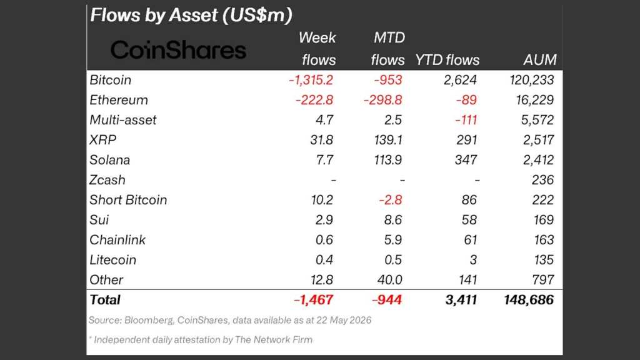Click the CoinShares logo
pyautogui.click(x=178, y=50)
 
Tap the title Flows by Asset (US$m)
pyautogui.click(x=191, y=15)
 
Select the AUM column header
pyautogui.click(x=539, y=60)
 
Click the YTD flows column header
pyautogui.click(x=447, y=60)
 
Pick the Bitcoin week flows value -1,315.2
pyautogui.click(x=311, y=80)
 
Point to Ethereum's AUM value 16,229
pyautogui.click(x=535, y=100)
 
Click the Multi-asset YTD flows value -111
pyautogui.click(x=466, y=120)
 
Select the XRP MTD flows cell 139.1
pyautogui.click(x=387, y=140)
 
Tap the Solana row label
pyautogui.click(x=110, y=160)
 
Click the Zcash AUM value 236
pyautogui.click(x=542, y=180)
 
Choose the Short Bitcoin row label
pyautogui.click(x=128, y=200)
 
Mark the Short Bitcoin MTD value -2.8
pyautogui.click(x=390, y=200)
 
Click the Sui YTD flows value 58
pyautogui.click(x=469, y=220)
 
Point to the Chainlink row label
pyautogui.click(x=117, y=240)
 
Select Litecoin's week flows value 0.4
pyautogui.click(x=324, y=260)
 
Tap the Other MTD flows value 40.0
pyautogui.click(x=390, y=280)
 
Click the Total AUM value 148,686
pyautogui.click(x=529, y=300)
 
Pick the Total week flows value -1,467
pyautogui.click(x=314, y=300)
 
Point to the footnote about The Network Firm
pyautogui.click(x=201, y=339)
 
